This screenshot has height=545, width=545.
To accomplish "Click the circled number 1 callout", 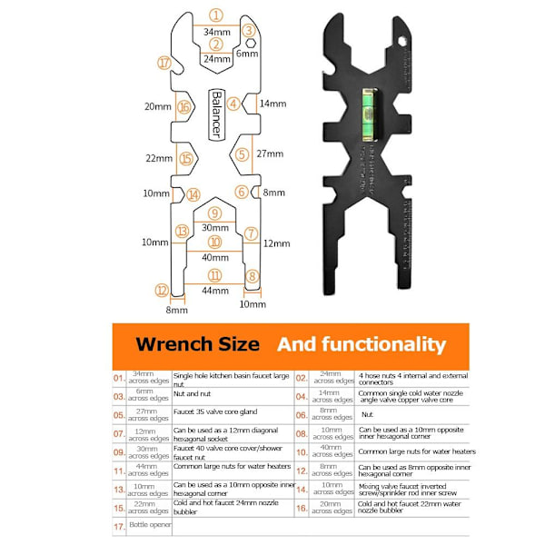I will (215, 15).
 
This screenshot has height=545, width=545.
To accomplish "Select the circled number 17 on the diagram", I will (164, 63).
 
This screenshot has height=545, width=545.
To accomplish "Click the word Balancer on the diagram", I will (216, 114).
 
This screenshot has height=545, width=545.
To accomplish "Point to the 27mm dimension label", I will (269, 154).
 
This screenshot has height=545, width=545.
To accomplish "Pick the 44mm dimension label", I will (215, 291).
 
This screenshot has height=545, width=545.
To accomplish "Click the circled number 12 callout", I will (162, 291).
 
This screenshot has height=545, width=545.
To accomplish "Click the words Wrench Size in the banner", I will (197, 344).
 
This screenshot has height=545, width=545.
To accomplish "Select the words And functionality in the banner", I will (362, 344).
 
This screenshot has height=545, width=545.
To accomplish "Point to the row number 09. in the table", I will (120, 451).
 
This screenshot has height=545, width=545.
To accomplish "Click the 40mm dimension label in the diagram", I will (215, 259).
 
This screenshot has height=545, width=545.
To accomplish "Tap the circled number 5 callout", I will (242, 154).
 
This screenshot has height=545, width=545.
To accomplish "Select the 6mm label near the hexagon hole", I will (247, 54).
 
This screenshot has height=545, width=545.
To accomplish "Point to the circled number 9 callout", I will (215, 213).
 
